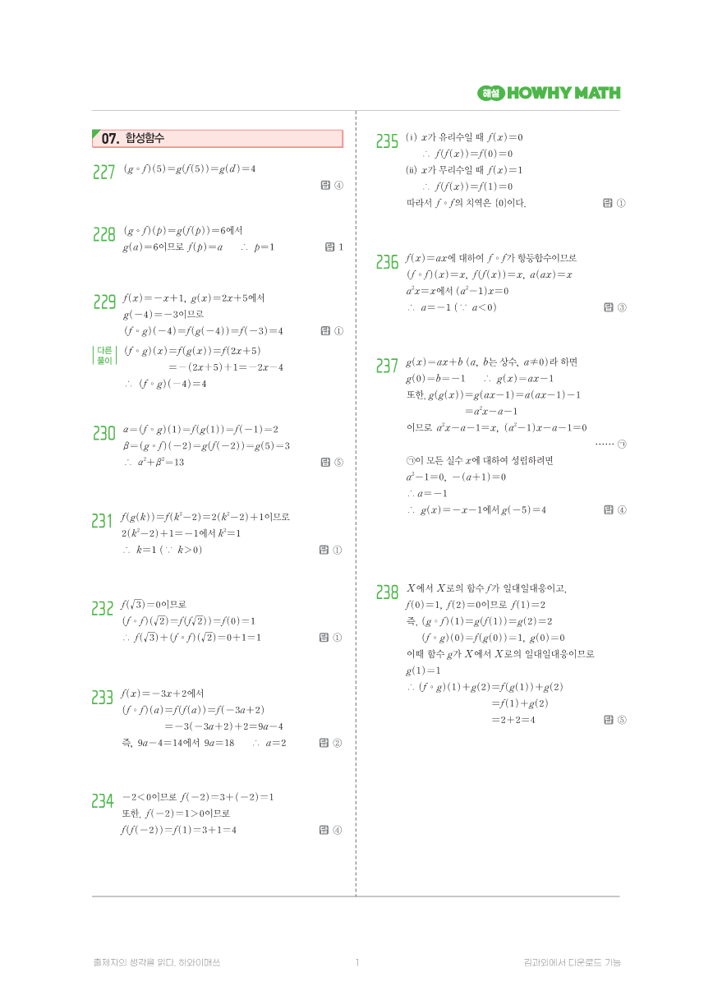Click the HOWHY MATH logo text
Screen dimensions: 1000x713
[x=563, y=93]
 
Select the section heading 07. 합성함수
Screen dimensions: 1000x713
[x=133, y=139]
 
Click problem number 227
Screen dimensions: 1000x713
[x=103, y=172]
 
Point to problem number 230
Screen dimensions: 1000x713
[x=103, y=433]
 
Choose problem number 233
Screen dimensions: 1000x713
[x=103, y=698]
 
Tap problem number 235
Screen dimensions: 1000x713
[x=387, y=141]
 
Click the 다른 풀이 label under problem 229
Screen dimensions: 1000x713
[x=104, y=355]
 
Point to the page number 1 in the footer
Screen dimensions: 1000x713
[x=357, y=962]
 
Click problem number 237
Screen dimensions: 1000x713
[x=387, y=366]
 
